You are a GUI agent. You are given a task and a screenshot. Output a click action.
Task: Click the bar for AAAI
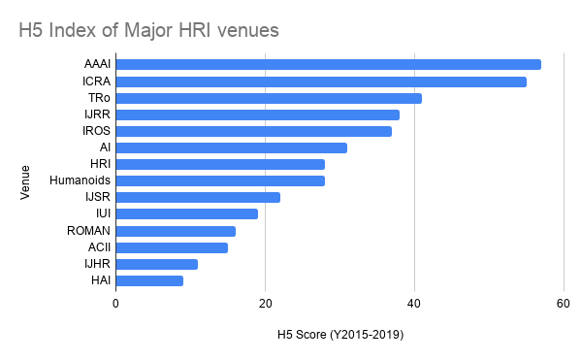tap(328, 65)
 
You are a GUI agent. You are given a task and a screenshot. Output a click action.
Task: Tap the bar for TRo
tap(269, 98)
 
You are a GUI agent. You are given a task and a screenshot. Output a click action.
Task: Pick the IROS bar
tap(254, 131)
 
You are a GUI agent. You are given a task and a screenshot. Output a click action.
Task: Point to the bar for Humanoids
tap(220, 180)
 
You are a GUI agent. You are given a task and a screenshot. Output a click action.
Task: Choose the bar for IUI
tap(187, 213)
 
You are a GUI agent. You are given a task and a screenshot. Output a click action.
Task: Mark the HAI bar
tap(149, 280)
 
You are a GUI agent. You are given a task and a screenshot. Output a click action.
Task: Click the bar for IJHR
tap(157, 264)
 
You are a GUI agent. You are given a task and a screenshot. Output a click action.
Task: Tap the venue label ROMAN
tap(90, 231)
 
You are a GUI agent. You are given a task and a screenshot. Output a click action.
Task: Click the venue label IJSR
tap(99, 197)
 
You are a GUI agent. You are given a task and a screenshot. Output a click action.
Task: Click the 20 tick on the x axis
tap(265, 304)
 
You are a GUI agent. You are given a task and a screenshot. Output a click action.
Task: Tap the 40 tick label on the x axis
tap(414, 304)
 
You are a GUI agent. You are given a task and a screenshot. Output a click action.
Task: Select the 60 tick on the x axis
tap(563, 304)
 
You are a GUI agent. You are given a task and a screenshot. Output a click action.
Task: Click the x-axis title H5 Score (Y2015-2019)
tap(339, 335)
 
